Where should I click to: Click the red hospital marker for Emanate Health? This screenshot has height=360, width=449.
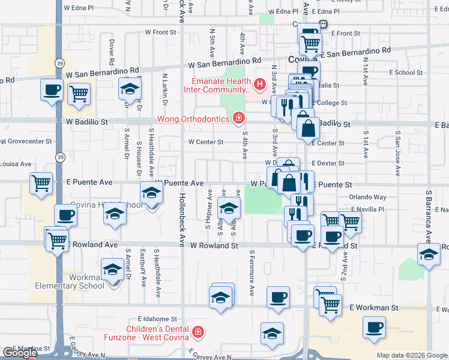pyautogui.click(x=260, y=85)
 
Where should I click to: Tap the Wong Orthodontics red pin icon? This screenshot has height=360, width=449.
pyautogui.click(x=239, y=118)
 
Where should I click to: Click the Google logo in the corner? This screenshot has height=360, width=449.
pyautogui.click(x=20, y=353)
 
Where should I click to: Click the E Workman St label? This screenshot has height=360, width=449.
pyautogui.click(x=373, y=307)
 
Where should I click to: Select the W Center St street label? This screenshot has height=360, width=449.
pyautogui.click(x=205, y=142)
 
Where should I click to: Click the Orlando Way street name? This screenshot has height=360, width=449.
pyautogui.click(x=369, y=197)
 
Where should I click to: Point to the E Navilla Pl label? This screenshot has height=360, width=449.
pyautogui.click(x=367, y=209)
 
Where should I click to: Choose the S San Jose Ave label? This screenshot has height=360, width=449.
pyautogui.click(x=397, y=144)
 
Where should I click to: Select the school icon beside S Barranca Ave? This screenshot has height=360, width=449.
pyautogui.click(x=428, y=254)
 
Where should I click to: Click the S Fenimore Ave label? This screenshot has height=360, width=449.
pyautogui.click(x=252, y=273)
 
